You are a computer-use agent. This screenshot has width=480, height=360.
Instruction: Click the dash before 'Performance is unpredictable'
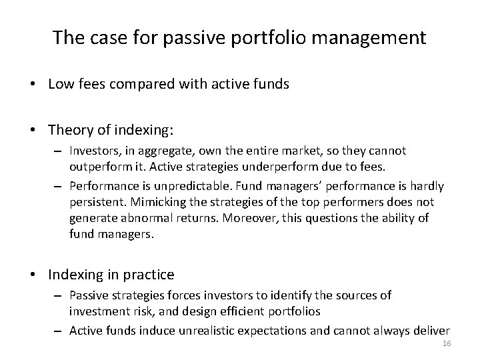click(x=59, y=185)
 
